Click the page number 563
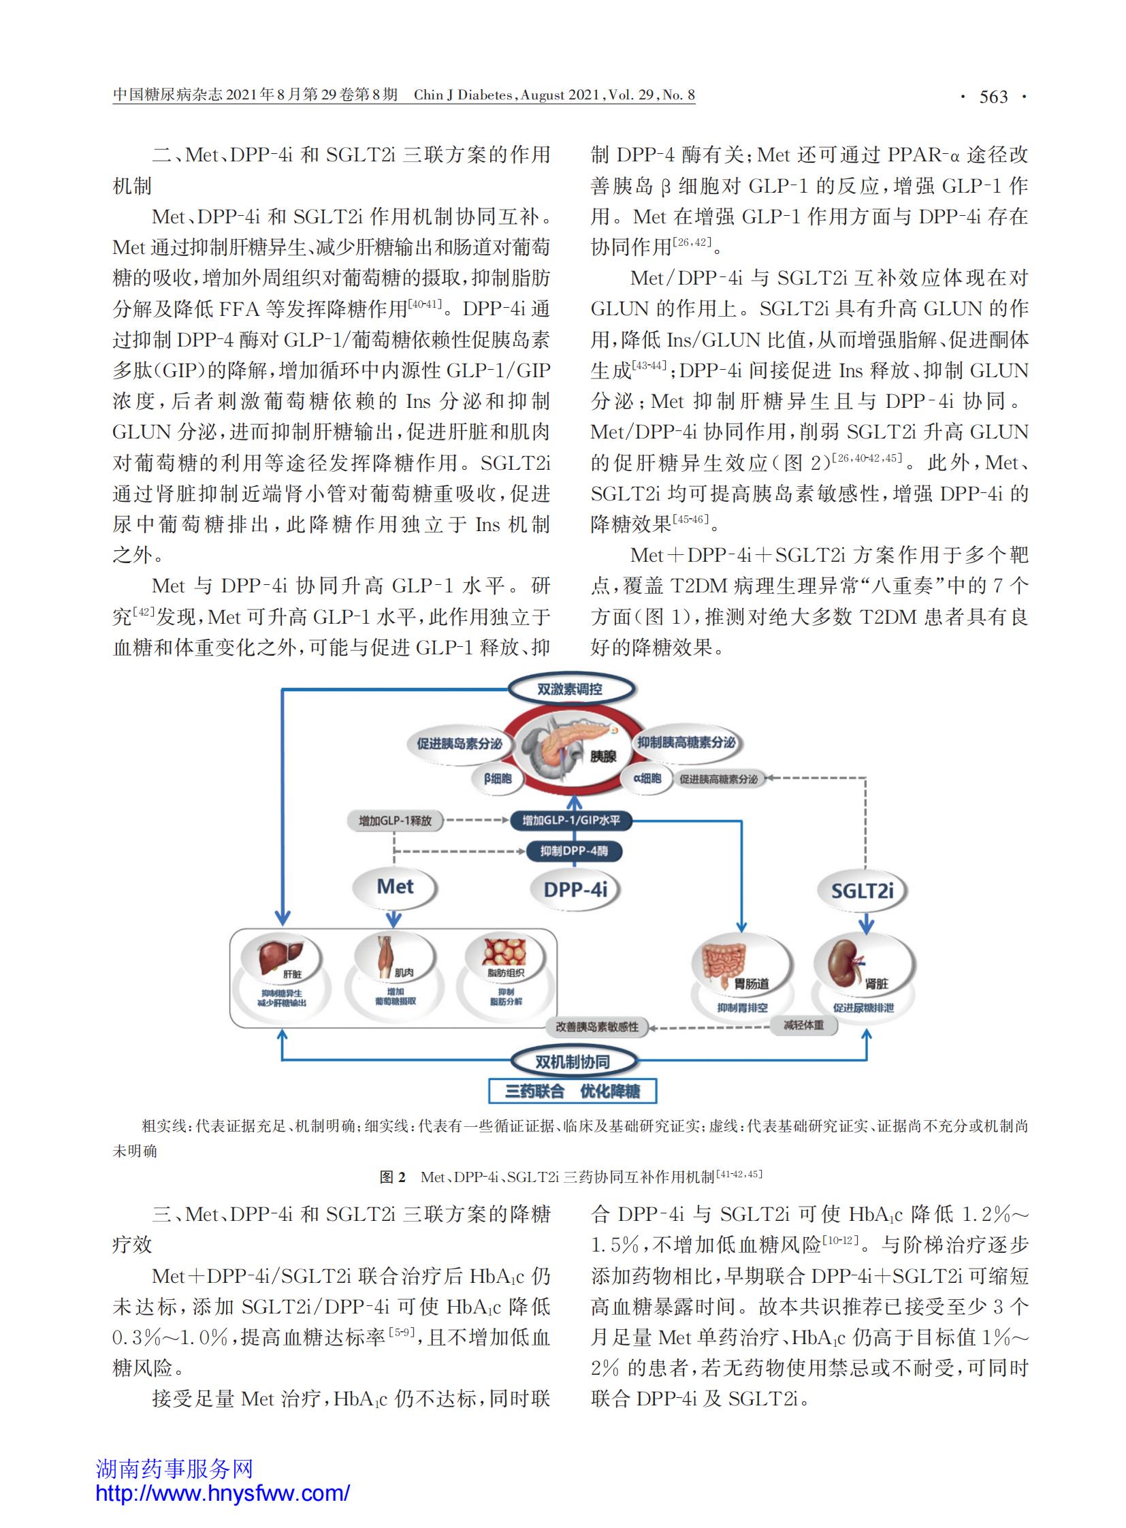click(993, 97)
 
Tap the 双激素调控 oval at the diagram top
click(570, 689)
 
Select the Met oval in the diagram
click(395, 887)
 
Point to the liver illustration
click(280, 957)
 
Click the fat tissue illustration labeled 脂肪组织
click(505, 952)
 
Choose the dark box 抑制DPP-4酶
click(574, 851)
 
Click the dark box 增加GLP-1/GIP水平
click(571, 821)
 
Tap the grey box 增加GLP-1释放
click(396, 821)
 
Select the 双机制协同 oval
click(573, 1062)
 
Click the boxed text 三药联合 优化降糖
click(573, 1091)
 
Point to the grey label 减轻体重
click(803, 1025)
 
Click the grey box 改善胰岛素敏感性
click(597, 1026)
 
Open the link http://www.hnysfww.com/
click(223, 1493)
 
